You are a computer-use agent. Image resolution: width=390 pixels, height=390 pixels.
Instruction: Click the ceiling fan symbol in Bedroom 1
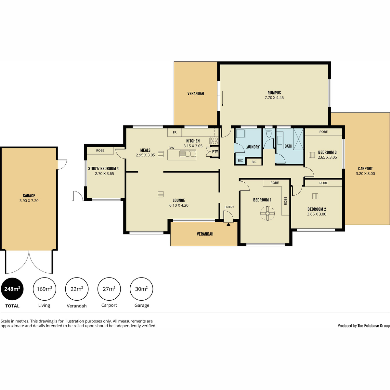tap(267, 213)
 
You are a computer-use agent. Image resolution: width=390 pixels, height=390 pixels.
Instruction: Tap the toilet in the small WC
tap(269, 134)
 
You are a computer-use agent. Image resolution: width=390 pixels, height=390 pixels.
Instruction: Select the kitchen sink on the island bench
tap(188, 154)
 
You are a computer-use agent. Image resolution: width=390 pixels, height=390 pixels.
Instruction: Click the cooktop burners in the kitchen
tap(214, 141)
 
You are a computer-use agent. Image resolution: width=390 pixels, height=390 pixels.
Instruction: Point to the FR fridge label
tap(175, 133)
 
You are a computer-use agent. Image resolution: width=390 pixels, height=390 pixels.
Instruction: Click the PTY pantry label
tap(215, 151)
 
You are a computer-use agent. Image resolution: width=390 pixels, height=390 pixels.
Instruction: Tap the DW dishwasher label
tap(171, 148)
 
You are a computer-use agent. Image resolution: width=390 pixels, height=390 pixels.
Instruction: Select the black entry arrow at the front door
tap(228, 224)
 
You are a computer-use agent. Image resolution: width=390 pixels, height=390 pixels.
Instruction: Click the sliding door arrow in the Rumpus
tap(222, 98)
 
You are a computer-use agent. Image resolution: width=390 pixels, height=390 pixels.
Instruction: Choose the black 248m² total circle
tap(12, 289)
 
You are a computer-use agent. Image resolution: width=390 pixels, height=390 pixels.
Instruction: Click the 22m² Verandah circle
tap(77, 289)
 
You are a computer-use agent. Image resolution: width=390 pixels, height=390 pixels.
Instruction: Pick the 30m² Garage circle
tap(141, 289)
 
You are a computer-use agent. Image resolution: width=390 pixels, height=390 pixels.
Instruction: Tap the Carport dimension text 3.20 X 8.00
tap(365, 174)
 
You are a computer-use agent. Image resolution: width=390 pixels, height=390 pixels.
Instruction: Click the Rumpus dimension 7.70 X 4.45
tap(274, 98)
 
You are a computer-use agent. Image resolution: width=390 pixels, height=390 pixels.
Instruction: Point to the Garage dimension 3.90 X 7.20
tap(29, 201)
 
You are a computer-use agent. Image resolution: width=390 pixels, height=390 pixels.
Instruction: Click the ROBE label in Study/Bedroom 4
tap(100, 150)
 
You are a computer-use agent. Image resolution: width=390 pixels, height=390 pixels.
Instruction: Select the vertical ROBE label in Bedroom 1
tap(286, 201)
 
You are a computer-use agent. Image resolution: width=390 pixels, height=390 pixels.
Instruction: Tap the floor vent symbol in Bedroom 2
tap(315, 196)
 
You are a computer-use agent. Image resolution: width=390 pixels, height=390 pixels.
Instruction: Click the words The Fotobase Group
tap(374, 326)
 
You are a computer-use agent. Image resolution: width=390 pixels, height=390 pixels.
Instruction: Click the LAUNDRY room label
tap(253, 147)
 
